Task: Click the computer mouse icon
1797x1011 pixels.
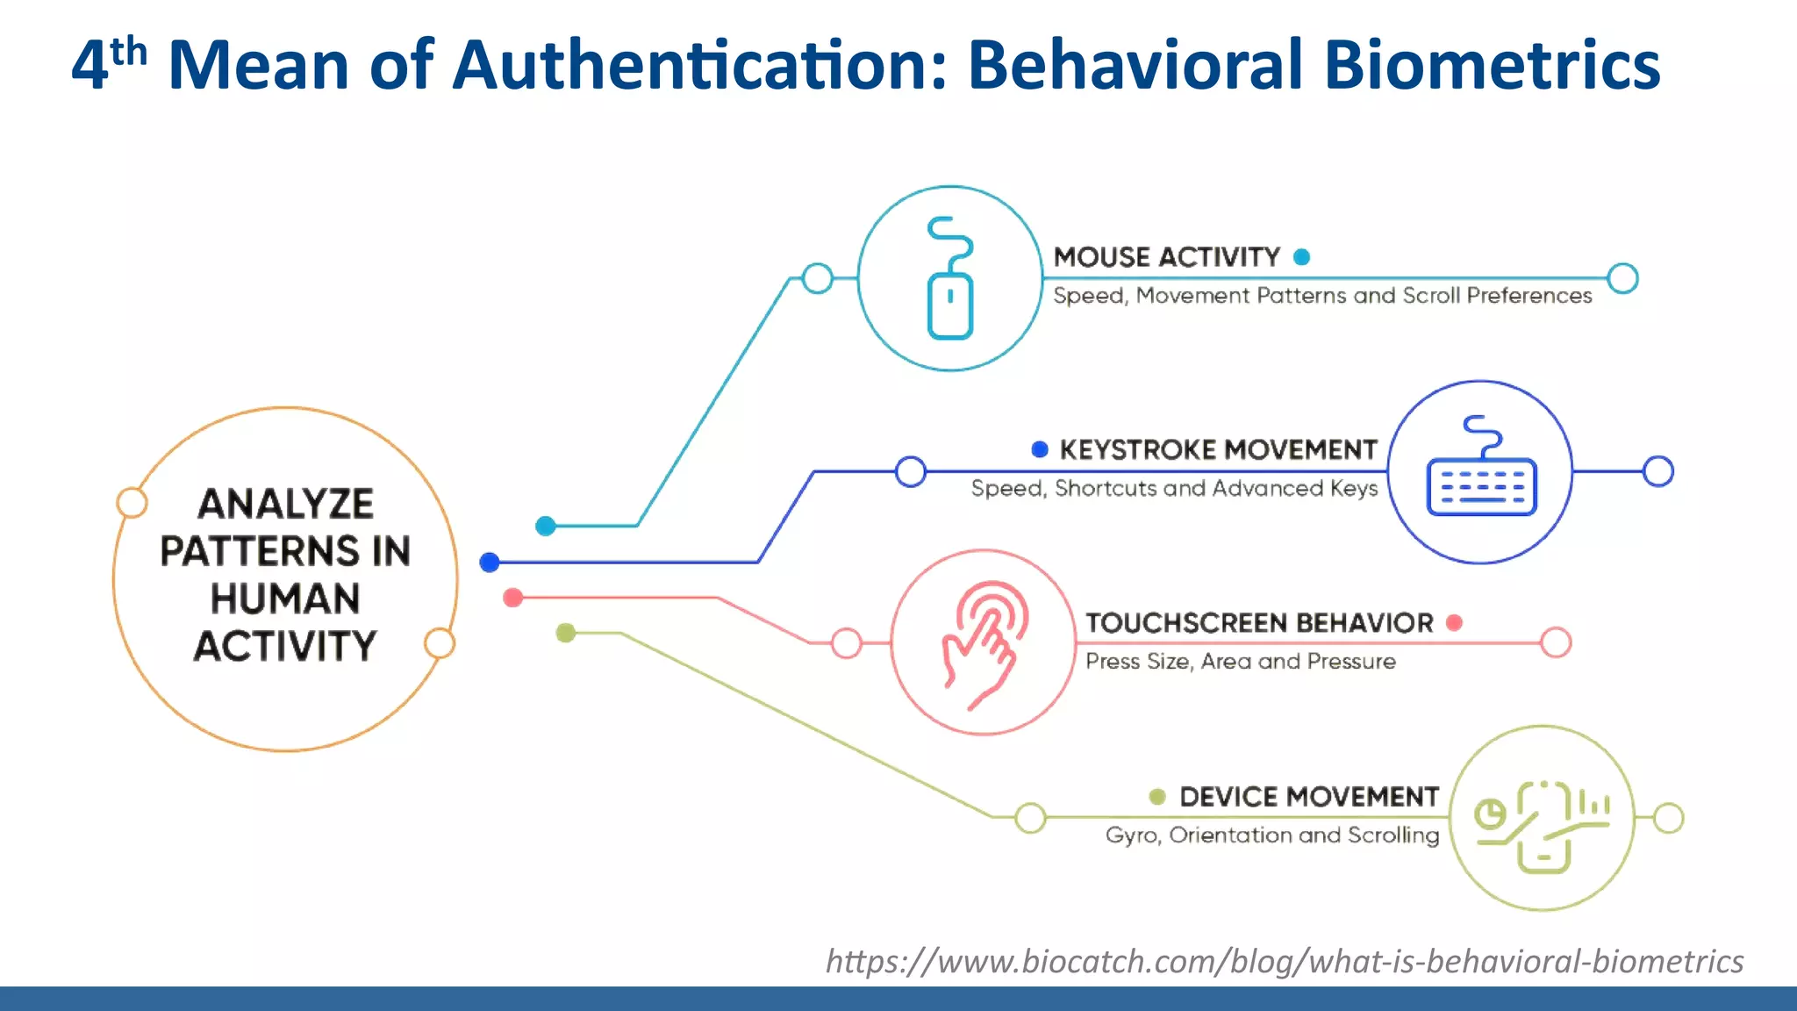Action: click(950, 279)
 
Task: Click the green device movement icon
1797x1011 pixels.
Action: click(1542, 819)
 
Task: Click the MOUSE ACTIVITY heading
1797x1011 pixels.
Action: click(1167, 257)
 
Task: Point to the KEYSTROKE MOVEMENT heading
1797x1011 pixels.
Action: click(1218, 450)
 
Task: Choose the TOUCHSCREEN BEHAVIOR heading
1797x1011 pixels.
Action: click(1259, 623)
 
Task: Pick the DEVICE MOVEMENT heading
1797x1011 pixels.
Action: click(1308, 797)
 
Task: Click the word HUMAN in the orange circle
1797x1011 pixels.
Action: click(285, 599)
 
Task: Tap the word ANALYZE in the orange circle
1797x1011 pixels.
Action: click(286, 505)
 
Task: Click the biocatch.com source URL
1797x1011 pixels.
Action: click(1284, 962)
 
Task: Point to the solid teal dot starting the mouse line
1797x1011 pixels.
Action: click(546, 526)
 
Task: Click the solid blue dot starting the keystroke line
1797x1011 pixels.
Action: click(490, 563)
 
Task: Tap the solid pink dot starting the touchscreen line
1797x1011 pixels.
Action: click(513, 599)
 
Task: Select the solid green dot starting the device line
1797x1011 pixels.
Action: click(566, 633)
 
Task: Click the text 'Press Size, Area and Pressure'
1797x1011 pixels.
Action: click(1240, 662)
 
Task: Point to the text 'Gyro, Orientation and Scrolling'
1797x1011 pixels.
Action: click(1271, 835)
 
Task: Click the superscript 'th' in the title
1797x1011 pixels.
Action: click(129, 52)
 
